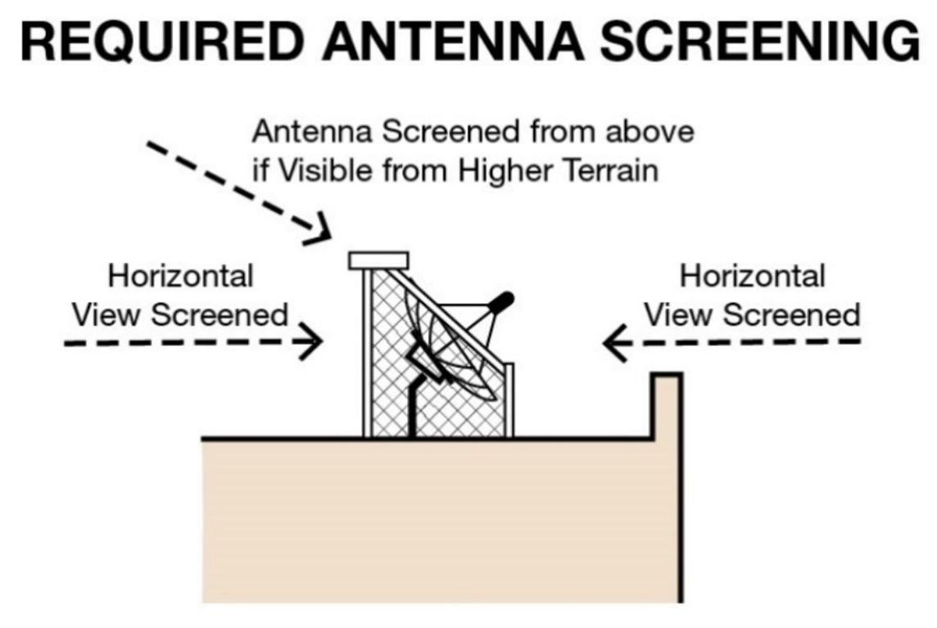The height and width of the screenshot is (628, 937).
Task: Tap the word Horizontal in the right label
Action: click(x=752, y=276)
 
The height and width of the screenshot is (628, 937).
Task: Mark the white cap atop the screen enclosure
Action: click(x=378, y=260)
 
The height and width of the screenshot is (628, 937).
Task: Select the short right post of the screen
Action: click(x=509, y=401)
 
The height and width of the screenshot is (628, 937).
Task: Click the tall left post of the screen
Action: click(x=366, y=352)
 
